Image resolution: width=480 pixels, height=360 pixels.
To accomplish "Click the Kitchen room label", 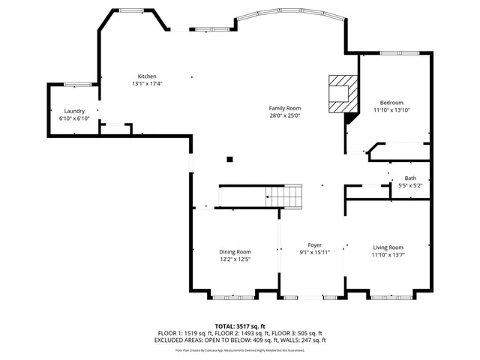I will pyautogui.click(x=147, y=76).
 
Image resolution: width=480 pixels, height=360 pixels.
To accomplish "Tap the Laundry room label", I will pyautogui.click(x=74, y=111).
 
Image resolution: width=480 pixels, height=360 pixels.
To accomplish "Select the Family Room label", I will pyautogui.click(x=285, y=108).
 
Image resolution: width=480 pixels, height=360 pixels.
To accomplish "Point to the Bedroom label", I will pyautogui.click(x=391, y=103).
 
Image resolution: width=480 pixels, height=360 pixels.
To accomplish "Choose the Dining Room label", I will pyautogui.click(x=235, y=252).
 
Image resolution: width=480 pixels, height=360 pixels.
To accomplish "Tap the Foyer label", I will pyautogui.click(x=315, y=245).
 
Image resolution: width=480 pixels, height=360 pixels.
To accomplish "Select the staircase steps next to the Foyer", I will pyautogui.click(x=285, y=197).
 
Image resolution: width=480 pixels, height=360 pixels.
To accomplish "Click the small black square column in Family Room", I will pyautogui.click(x=230, y=158).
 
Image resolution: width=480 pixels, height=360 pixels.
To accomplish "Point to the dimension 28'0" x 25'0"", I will pyautogui.click(x=285, y=115).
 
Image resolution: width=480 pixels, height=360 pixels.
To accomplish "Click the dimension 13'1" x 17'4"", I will pyautogui.click(x=147, y=84).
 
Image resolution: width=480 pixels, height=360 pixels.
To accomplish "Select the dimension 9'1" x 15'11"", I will pyautogui.click(x=315, y=253).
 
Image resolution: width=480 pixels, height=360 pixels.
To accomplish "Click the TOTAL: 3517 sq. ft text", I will pyautogui.click(x=240, y=325).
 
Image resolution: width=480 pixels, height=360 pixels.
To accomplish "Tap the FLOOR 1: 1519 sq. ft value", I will pyautogui.click(x=189, y=333).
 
